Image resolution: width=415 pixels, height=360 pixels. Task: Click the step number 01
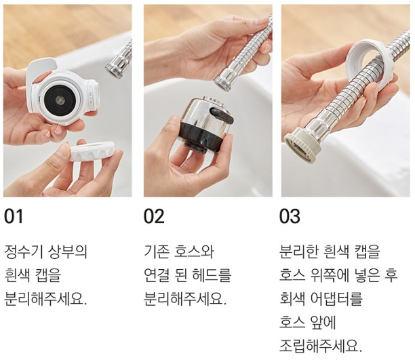[14, 216]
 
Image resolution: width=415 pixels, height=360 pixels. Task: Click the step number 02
[154, 216]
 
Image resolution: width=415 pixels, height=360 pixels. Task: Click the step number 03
[290, 216]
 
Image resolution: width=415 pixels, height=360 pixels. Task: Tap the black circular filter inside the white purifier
[60, 100]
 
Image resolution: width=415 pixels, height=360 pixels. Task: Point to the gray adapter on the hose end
[303, 144]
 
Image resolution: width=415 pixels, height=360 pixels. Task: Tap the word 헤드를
[212, 275]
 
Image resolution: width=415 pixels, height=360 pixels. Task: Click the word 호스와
[194, 252]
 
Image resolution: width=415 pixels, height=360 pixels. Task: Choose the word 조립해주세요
[321, 345]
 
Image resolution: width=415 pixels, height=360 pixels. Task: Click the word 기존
[156, 252]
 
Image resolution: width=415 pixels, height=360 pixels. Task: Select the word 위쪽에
[328, 275]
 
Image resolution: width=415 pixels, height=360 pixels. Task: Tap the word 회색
[292, 298]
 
